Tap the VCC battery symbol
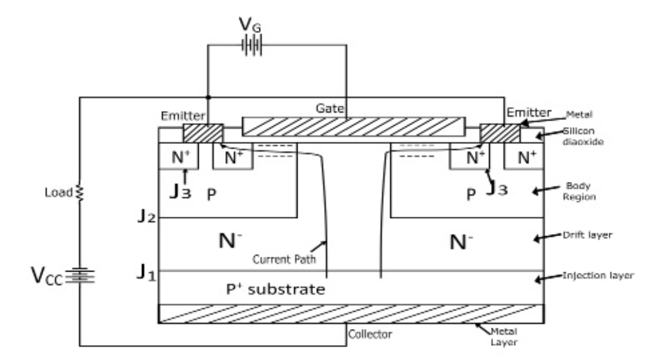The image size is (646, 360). click(x=80, y=276)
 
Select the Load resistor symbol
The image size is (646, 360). click(x=80, y=192)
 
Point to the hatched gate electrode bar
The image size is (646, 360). click(x=353, y=126)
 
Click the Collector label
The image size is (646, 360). click(x=370, y=334)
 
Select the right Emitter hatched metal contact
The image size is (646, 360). click(x=500, y=133)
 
